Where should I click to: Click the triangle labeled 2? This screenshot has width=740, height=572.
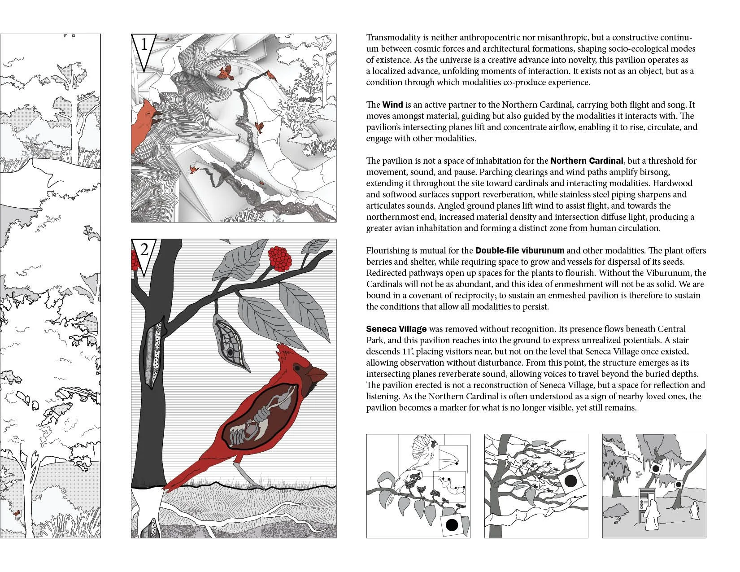click(x=144, y=253)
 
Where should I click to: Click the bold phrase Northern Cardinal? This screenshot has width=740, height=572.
click(x=587, y=161)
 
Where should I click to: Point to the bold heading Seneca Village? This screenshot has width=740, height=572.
click(x=396, y=329)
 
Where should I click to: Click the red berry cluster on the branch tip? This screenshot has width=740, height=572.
click(x=280, y=259)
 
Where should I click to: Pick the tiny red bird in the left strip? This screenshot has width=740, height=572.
click(x=17, y=512)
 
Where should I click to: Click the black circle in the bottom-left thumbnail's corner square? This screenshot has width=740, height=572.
click(x=452, y=524)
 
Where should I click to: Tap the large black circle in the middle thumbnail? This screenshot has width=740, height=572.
click(x=570, y=481)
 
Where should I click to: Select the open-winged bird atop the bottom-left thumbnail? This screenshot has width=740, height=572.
click(x=424, y=449)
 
